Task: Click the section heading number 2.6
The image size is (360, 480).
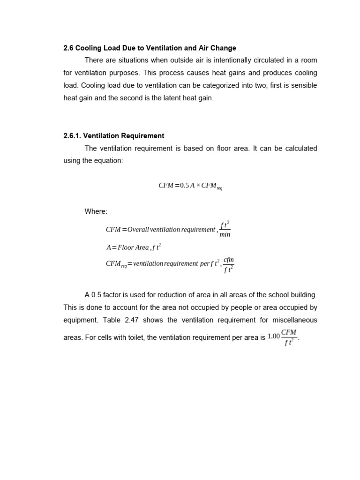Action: coord(68,48)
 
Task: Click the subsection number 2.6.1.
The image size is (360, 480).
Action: coord(72,136)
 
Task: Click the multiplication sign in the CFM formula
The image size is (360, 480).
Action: coord(198,186)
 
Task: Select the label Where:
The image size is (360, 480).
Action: coord(96,211)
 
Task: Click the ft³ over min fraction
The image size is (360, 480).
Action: coord(225,229)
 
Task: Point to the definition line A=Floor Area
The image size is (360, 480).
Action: coord(134,247)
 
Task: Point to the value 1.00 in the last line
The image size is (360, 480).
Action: coord(273,336)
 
